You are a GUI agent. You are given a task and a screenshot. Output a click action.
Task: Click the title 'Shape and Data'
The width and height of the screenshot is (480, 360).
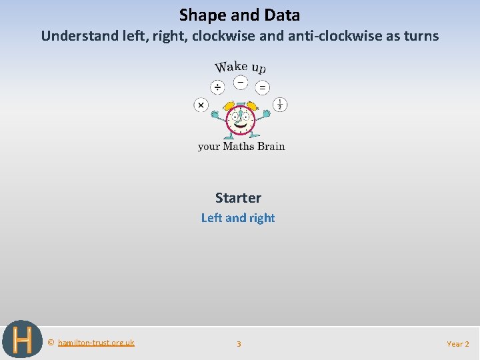click(x=239, y=15)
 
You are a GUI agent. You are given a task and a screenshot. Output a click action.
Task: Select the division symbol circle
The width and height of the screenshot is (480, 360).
click(x=217, y=87)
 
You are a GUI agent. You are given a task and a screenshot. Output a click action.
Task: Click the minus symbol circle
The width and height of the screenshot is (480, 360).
click(x=240, y=83)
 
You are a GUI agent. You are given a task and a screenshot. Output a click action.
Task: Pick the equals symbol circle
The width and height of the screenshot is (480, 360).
click(x=263, y=87)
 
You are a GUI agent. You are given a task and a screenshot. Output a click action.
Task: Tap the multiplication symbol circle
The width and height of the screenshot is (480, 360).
click(x=201, y=105)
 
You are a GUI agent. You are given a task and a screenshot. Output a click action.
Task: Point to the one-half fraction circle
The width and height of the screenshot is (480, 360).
click(x=281, y=105)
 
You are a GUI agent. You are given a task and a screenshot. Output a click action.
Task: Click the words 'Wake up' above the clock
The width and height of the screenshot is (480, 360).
click(x=240, y=67)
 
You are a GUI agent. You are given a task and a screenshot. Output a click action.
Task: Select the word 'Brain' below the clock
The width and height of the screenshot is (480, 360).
click(x=271, y=146)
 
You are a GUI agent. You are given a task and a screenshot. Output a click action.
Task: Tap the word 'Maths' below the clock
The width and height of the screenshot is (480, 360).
click(x=237, y=146)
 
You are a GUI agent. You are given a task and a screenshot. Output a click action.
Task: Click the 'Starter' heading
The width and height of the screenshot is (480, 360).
click(x=238, y=198)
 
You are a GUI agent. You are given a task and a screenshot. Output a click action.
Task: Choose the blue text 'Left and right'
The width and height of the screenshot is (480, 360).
click(x=238, y=218)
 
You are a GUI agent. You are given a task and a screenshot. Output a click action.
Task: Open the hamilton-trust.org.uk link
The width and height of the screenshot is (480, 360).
click(x=96, y=343)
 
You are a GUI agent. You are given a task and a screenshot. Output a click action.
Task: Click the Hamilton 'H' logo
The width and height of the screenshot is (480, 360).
click(x=22, y=340)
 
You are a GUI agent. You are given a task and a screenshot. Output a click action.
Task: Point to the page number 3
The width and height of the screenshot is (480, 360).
click(x=239, y=344)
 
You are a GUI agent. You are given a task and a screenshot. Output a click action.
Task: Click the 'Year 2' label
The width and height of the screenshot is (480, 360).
click(x=458, y=344)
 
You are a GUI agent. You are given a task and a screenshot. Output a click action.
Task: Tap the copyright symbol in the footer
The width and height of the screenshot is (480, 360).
click(x=51, y=343)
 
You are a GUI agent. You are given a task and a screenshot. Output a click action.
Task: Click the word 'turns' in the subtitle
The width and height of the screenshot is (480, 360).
click(x=420, y=36)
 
